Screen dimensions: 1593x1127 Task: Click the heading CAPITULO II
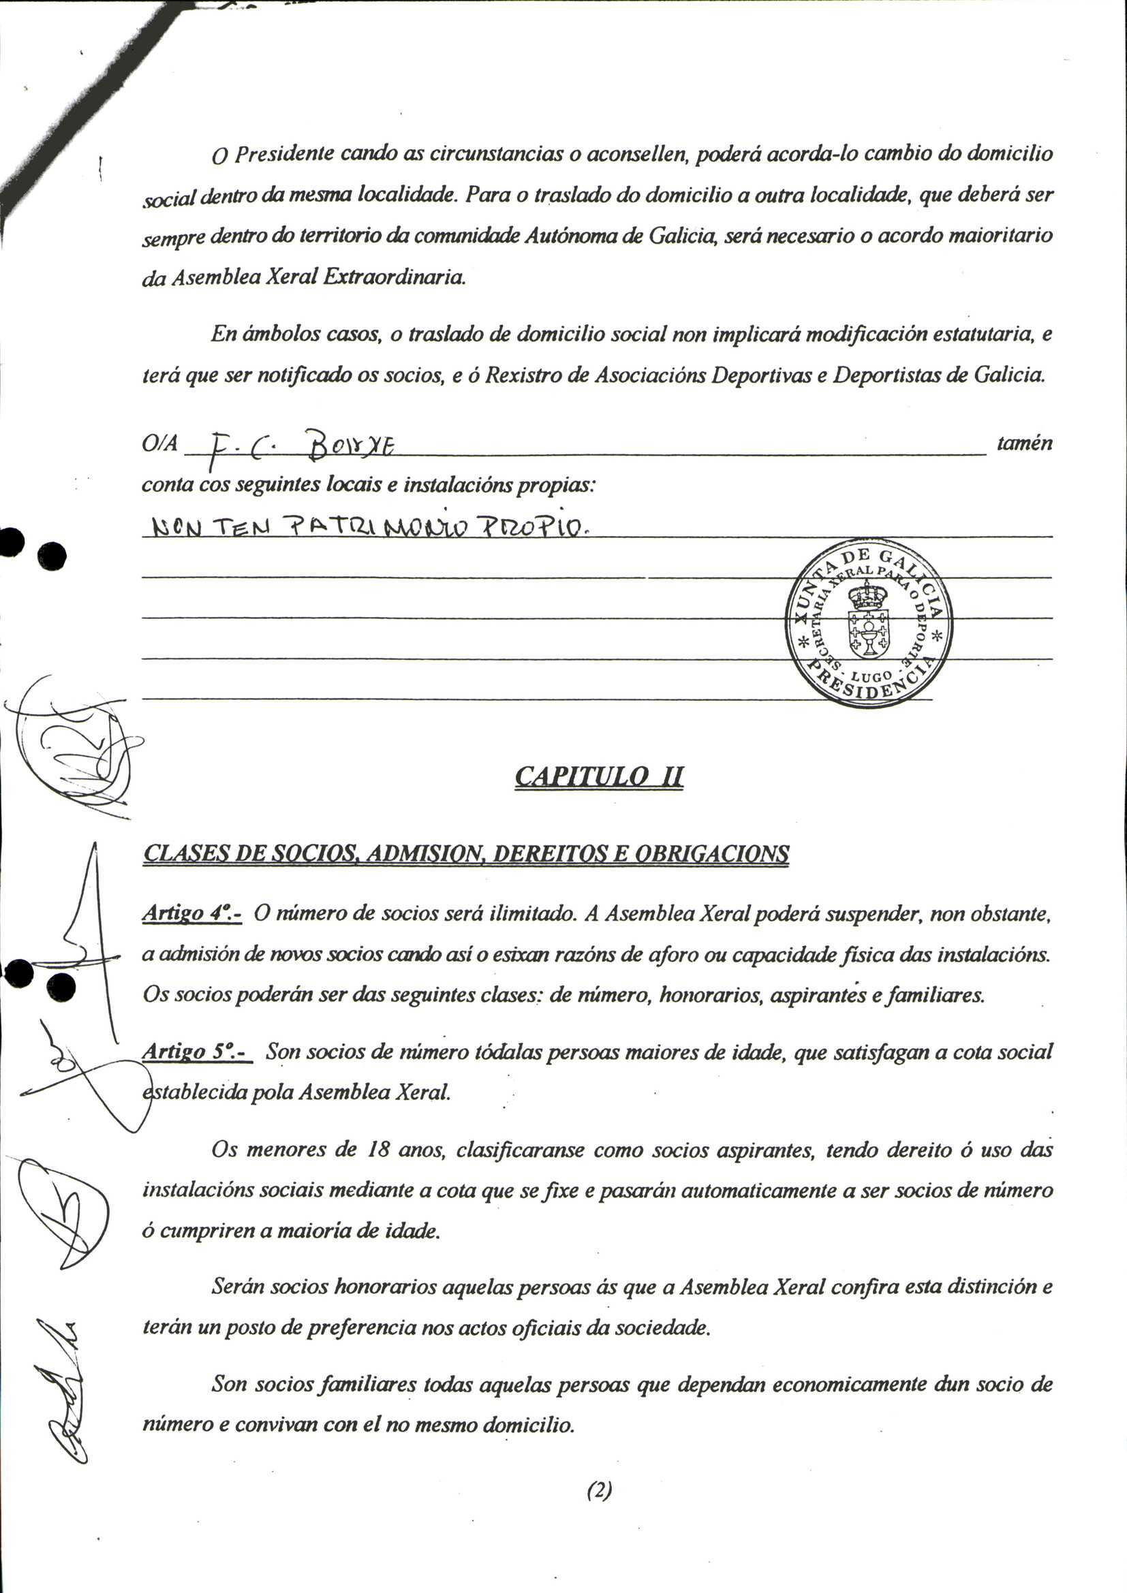click(599, 776)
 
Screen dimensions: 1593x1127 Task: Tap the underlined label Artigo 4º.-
click(191, 914)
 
